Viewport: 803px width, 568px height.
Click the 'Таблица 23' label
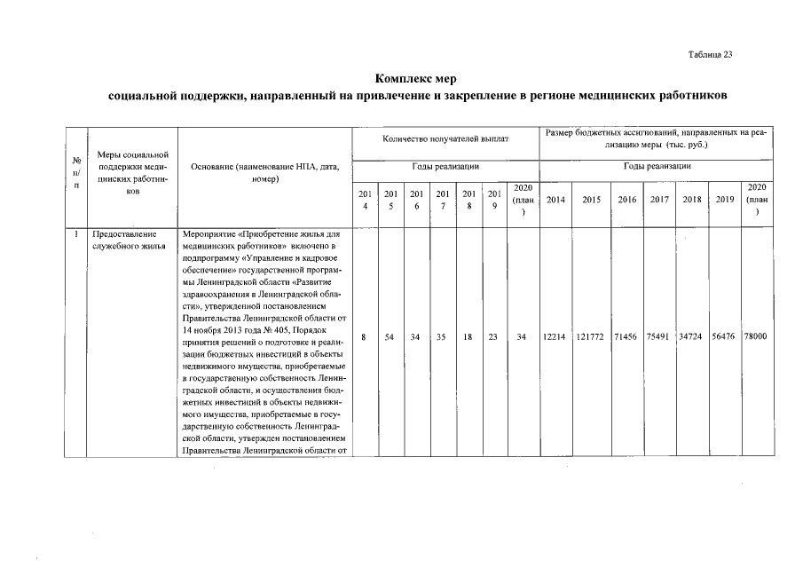(710, 55)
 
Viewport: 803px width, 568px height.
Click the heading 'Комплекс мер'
(415, 78)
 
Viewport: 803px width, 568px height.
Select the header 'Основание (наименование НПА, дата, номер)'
(264, 172)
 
